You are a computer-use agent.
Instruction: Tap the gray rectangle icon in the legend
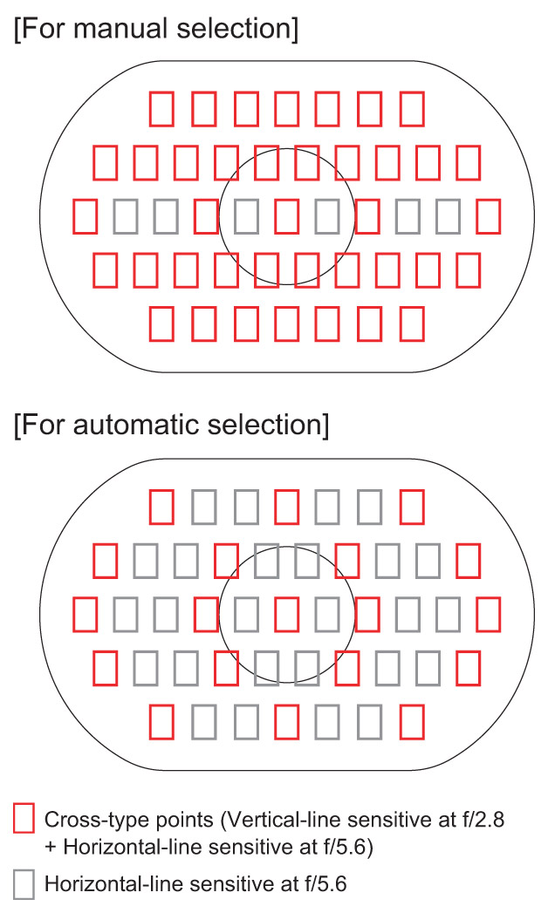point(24,884)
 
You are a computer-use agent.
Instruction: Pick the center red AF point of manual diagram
point(286,215)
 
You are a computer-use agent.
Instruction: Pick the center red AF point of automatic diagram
point(286,615)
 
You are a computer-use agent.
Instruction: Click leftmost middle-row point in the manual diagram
point(85,215)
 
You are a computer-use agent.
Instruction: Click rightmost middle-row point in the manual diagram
point(488,215)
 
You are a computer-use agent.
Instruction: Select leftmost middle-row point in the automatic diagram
point(85,615)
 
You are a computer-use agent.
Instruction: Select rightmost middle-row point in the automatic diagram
point(488,615)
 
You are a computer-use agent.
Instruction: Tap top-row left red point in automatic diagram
point(161,507)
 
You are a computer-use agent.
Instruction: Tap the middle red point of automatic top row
point(286,507)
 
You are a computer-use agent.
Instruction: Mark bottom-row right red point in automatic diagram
point(412,722)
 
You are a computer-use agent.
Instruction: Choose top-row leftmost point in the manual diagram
point(161,108)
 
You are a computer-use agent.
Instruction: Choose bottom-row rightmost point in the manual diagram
point(412,324)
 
